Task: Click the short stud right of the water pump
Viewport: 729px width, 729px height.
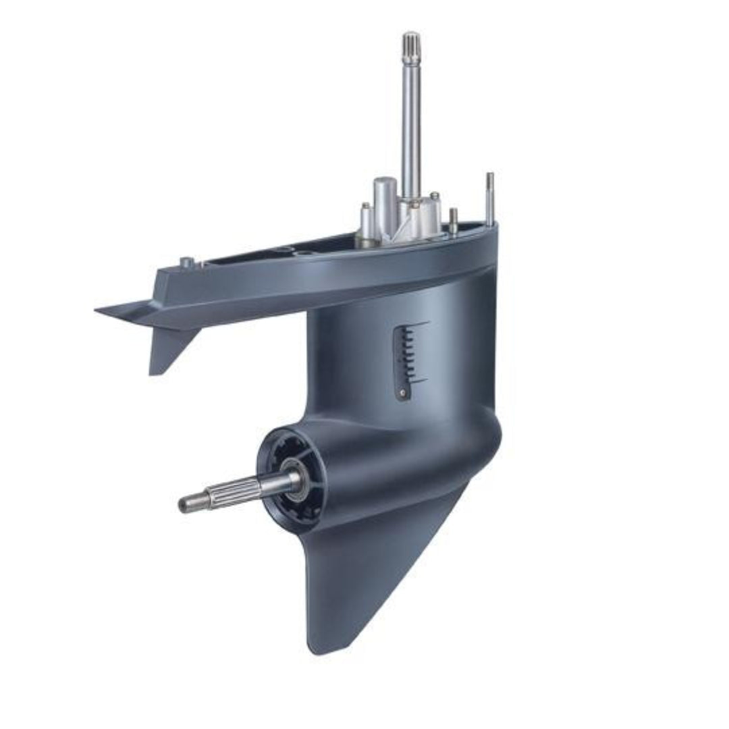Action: coord(454,220)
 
